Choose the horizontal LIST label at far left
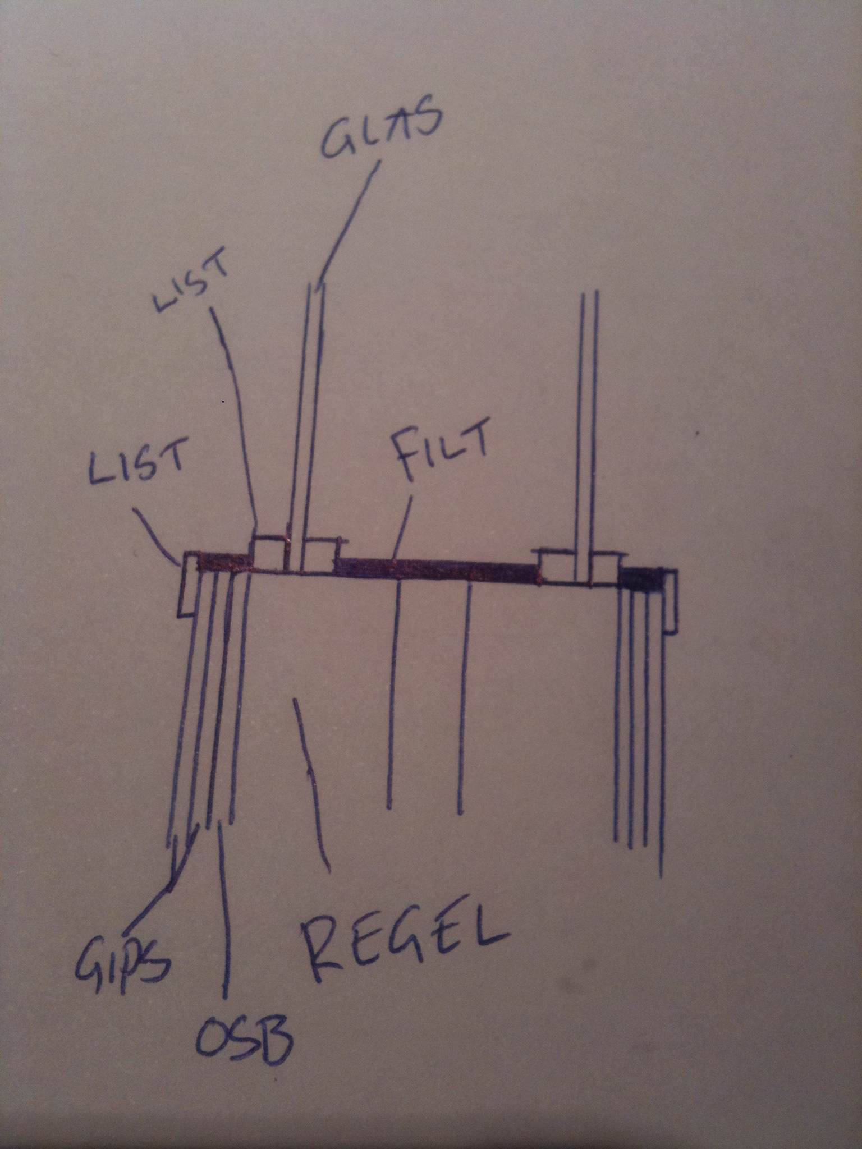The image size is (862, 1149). tap(137, 462)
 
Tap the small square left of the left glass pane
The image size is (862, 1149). tap(269, 554)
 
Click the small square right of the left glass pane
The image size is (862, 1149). tap(320, 557)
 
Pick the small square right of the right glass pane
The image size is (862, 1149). tap(604, 569)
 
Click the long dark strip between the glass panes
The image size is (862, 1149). tap(438, 569)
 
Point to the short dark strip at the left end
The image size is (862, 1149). tap(223, 563)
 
